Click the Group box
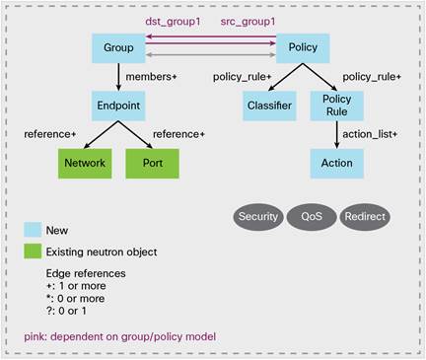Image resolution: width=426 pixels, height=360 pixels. tap(118, 46)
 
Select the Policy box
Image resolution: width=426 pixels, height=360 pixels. tap(303, 46)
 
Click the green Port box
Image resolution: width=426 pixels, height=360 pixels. tap(153, 163)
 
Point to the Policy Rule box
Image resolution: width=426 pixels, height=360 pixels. tap(337, 105)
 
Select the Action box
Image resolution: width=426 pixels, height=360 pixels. tap(337, 163)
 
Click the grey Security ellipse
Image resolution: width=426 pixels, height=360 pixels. tap(258, 216)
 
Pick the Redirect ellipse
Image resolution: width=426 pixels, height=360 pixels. tap(364, 216)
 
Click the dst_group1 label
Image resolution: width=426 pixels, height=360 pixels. tap(172, 21)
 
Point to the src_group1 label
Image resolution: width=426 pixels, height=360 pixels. tap(248, 21)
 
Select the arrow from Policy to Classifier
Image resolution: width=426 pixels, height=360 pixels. tap(285, 76)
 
